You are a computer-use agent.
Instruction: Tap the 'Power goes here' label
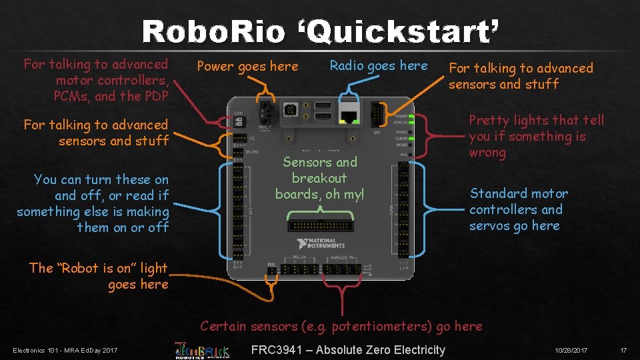(x=248, y=66)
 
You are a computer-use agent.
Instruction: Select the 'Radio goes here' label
(x=379, y=65)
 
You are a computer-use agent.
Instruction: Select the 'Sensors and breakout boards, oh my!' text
(x=319, y=178)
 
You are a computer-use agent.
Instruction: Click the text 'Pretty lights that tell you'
(x=536, y=128)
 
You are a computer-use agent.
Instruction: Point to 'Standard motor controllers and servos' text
(x=519, y=209)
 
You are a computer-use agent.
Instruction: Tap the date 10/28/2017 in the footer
(x=571, y=351)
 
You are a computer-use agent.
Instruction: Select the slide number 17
(x=623, y=351)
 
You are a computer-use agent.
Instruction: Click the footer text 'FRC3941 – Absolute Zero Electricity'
(x=348, y=350)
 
